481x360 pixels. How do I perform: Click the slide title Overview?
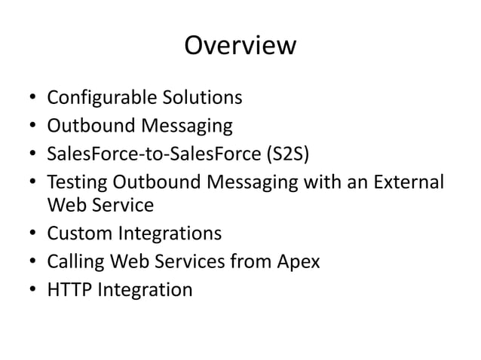240,46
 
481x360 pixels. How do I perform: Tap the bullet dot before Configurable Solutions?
32,99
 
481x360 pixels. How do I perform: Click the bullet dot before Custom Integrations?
32,234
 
